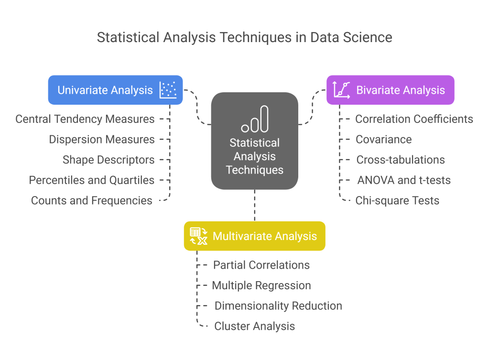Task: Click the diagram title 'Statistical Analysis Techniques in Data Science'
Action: tap(244, 38)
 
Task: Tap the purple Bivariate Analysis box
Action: tap(390, 90)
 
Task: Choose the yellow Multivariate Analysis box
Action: tap(255, 236)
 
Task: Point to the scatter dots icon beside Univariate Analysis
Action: tap(168, 90)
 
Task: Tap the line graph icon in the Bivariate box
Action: tap(342, 90)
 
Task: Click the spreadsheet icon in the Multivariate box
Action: tap(198, 236)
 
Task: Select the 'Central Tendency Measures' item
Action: tap(85, 119)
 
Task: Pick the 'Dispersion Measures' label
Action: tap(102, 140)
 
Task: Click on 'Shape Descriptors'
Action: tap(109, 160)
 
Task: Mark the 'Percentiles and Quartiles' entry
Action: tap(92, 180)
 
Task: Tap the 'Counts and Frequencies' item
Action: tap(92, 201)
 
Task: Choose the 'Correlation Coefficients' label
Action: tap(414, 119)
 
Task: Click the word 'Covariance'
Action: tap(384, 140)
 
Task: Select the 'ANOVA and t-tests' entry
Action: tap(404, 180)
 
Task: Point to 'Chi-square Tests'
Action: tap(397, 201)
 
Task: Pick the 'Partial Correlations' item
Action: tap(261, 265)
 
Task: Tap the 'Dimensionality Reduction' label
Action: tap(278, 306)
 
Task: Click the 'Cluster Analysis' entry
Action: tap(255, 327)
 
